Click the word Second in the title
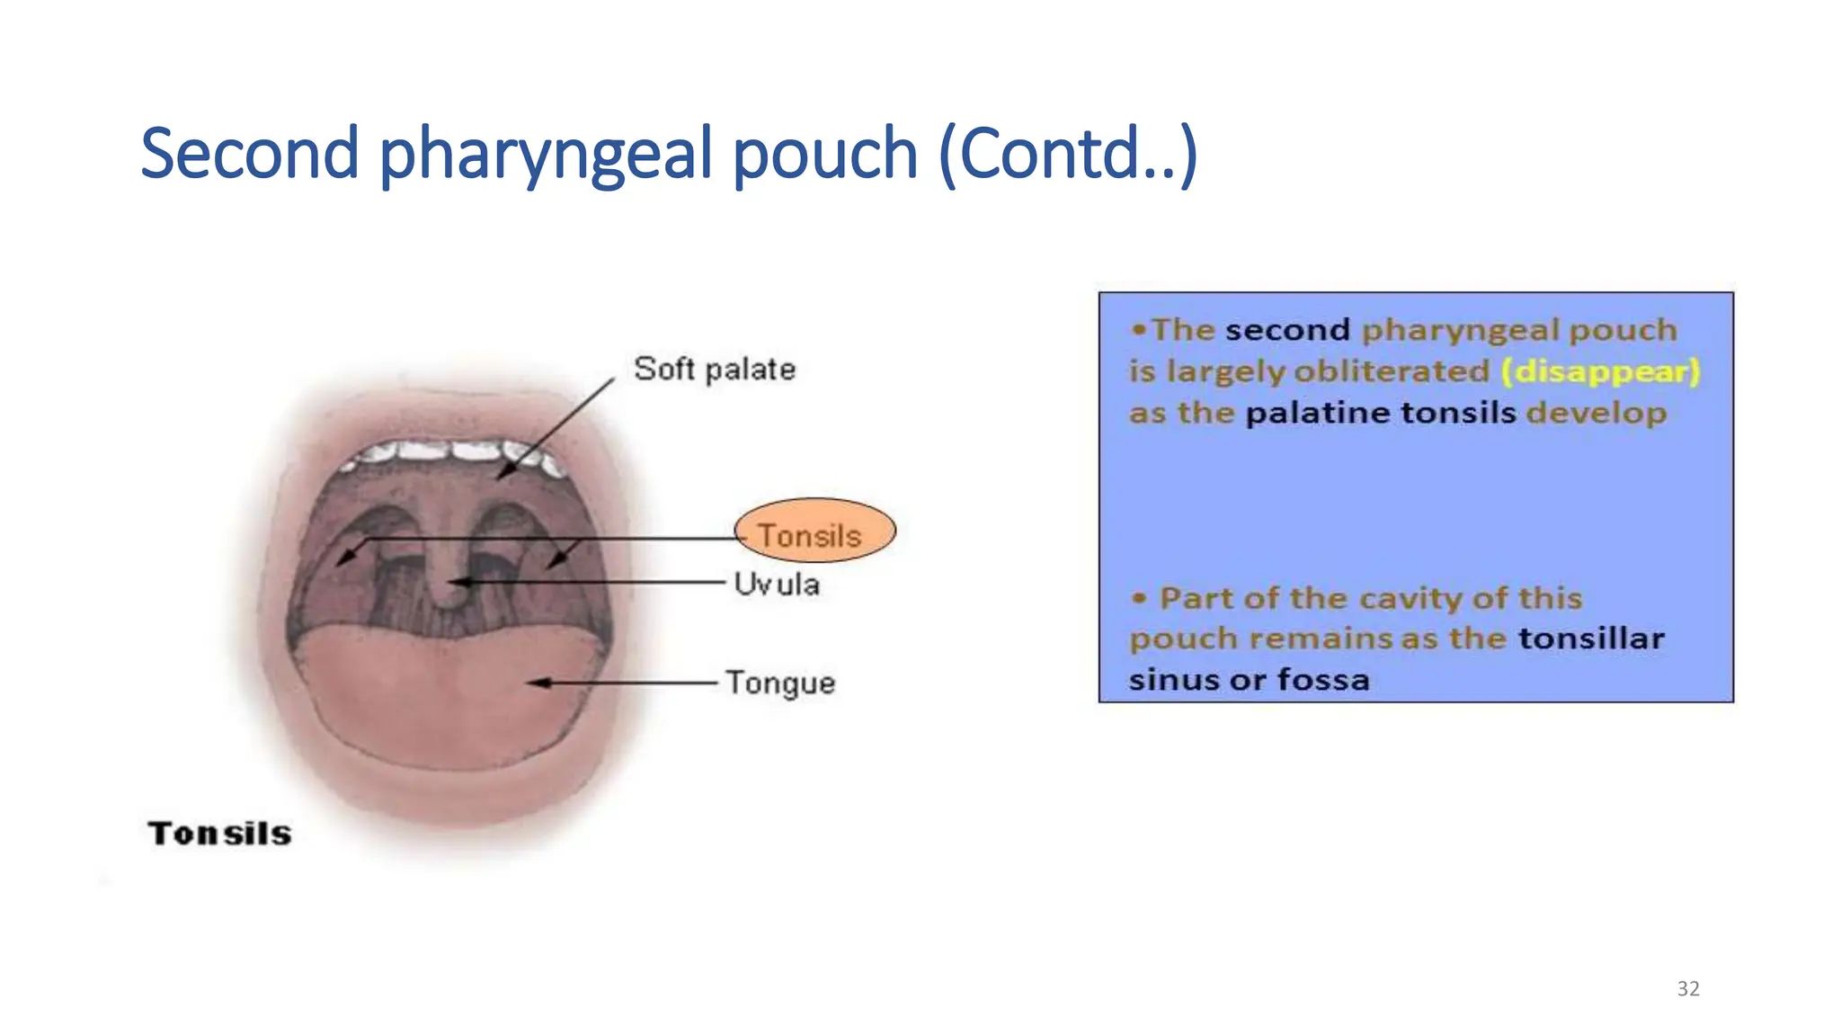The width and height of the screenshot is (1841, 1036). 250,154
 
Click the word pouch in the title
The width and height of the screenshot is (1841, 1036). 824,154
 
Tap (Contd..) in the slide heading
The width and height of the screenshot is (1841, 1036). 1067,154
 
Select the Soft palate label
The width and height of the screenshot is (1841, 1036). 714,369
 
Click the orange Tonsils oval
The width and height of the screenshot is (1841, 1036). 814,531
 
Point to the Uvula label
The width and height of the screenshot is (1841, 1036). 776,585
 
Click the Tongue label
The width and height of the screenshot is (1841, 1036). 780,683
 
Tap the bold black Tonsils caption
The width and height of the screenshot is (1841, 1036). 219,834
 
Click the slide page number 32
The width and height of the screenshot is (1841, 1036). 1687,988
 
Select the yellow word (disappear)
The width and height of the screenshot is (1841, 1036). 1600,371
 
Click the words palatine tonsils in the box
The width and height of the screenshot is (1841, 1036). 1380,413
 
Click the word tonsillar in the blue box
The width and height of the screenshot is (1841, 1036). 1591,639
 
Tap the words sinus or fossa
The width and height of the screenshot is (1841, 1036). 1249,680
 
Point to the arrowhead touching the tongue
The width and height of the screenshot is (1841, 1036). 538,683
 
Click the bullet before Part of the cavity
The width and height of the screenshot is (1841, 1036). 1139,598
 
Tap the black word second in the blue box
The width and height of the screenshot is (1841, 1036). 1286,330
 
